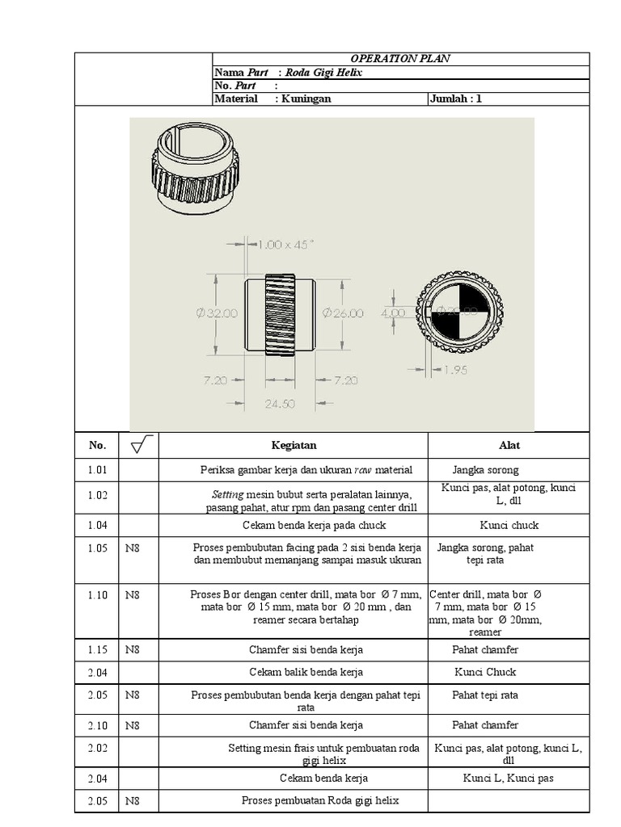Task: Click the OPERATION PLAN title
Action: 400,58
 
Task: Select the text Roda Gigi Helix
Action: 323,72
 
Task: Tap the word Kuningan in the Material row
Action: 306,99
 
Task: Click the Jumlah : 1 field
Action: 456,99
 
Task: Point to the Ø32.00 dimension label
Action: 217,313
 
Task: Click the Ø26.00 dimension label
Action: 343,313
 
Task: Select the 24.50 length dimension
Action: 280,404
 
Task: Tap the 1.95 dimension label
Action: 455,370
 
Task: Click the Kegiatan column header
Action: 294,446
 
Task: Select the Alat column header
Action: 509,446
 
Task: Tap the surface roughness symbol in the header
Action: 141,445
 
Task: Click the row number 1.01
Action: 97,470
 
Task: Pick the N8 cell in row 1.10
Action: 132,595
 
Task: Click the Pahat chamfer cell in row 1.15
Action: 485,650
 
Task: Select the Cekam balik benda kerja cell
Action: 306,673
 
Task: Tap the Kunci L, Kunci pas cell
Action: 509,778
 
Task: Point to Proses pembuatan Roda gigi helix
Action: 320,800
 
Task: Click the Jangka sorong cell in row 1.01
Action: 485,470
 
